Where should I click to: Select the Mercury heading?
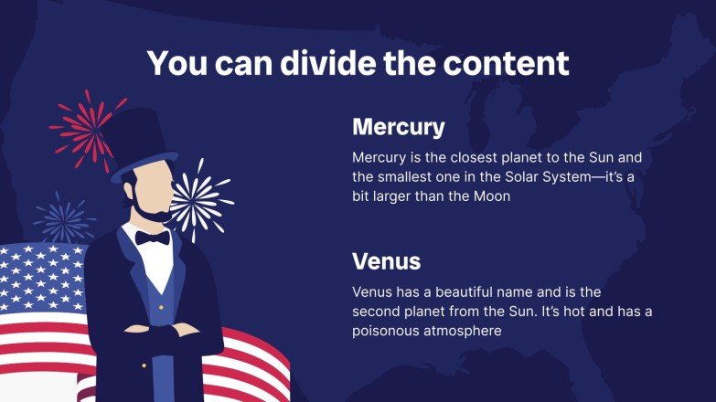[x=398, y=126]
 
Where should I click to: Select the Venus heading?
[x=386, y=261]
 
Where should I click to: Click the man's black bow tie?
[x=152, y=238]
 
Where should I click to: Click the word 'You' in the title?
[x=179, y=63]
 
